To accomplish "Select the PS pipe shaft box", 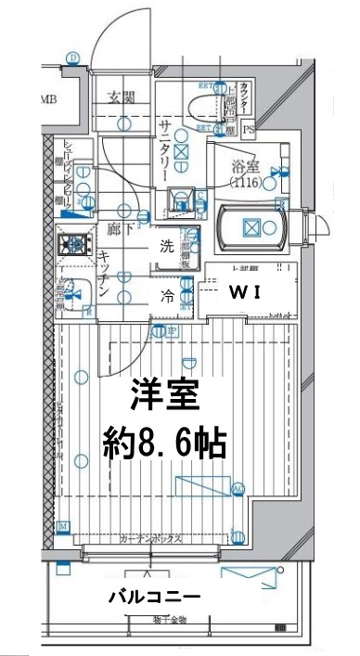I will (x=248, y=129).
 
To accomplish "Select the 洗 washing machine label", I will (x=168, y=248).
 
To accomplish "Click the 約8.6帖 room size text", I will (x=162, y=445).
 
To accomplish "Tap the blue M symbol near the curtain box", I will (x=63, y=527).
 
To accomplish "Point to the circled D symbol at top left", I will (x=72, y=57).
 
